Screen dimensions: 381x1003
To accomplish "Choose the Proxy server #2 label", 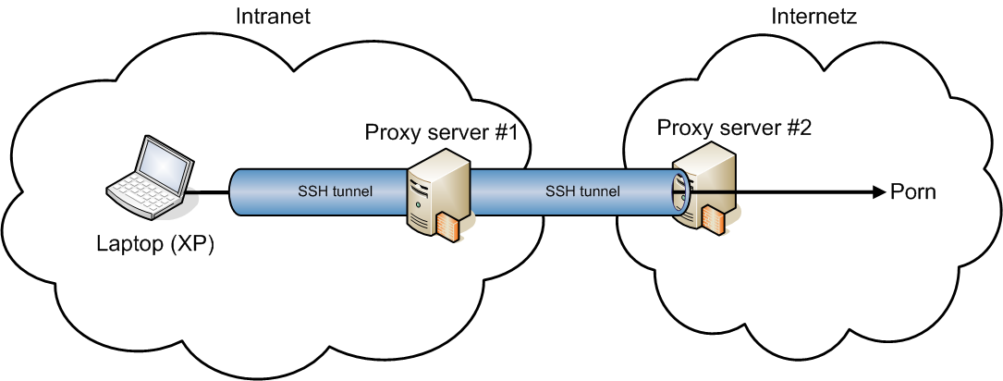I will (x=733, y=127).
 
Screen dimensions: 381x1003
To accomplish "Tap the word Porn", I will (x=913, y=192).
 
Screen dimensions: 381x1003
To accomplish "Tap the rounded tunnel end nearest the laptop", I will (x=236, y=192).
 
